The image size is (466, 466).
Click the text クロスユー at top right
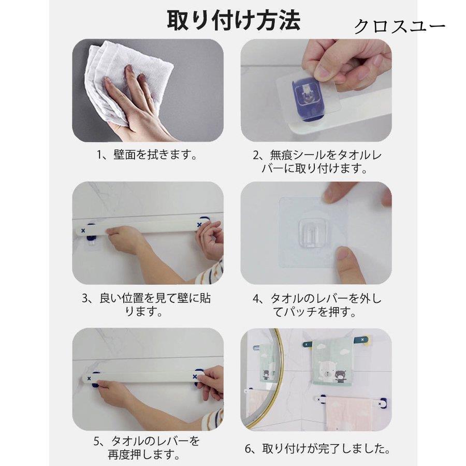point(399,27)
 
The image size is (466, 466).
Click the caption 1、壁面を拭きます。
point(148,155)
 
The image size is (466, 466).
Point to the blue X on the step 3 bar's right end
point(199,225)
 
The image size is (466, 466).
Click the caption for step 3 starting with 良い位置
point(148,305)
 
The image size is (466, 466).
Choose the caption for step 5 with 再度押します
point(147,448)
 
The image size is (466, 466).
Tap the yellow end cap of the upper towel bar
point(364,340)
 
